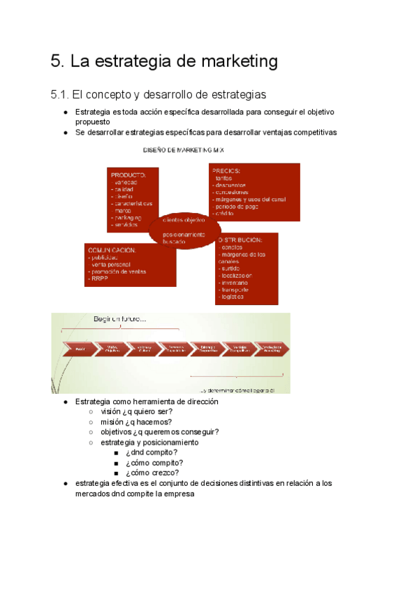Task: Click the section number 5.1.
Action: (x=62, y=94)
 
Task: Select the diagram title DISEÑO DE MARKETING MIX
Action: (x=184, y=150)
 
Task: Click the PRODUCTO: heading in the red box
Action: (x=128, y=174)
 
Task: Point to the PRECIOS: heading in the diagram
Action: (x=227, y=170)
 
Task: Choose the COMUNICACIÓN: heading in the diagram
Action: (x=112, y=249)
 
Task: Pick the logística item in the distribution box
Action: (x=231, y=297)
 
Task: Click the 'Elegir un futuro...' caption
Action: (x=120, y=319)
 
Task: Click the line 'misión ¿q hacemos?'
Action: (x=136, y=422)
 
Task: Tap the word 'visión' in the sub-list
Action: (x=112, y=412)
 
